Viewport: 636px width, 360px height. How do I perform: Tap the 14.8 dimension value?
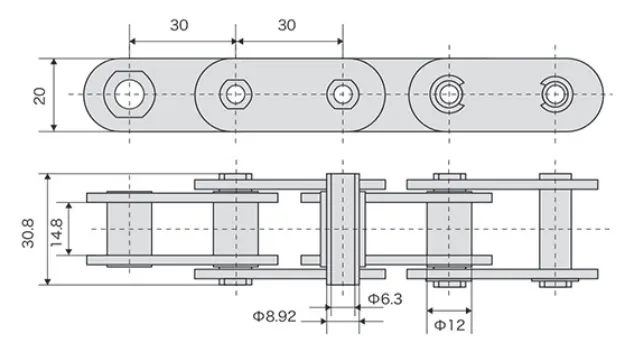pos(56,229)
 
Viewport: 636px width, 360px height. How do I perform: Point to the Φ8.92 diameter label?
pos(274,316)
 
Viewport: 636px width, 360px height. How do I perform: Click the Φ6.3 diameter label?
pos(385,298)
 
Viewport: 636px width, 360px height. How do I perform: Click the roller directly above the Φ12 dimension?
pos(449,229)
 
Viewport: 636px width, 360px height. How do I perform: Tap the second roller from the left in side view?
pos(235,229)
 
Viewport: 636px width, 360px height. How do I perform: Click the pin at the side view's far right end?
pos(556,229)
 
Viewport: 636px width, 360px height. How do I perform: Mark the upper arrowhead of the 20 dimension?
pos(54,61)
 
